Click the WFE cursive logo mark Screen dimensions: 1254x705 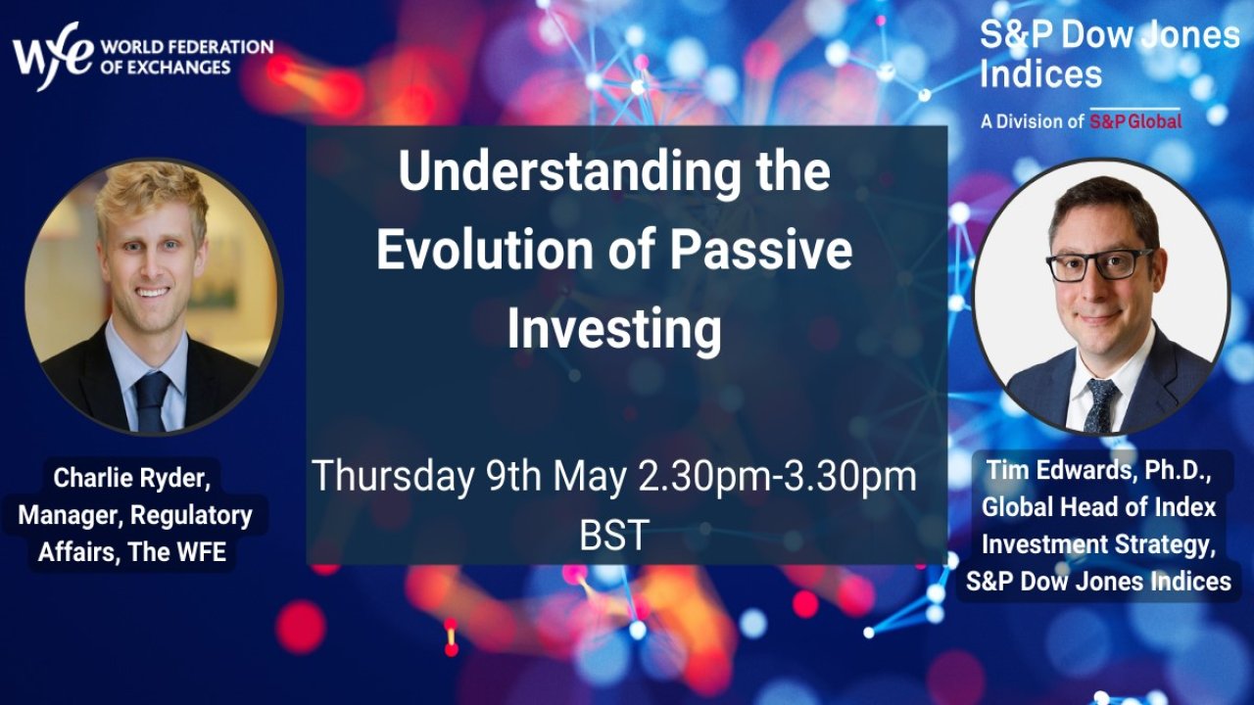pyautogui.click(x=53, y=56)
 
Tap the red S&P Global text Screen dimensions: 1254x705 pyautogui.click(x=1135, y=121)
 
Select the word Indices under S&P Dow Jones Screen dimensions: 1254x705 pyautogui.click(x=1040, y=74)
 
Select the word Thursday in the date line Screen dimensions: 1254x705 pyautogui.click(x=393, y=477)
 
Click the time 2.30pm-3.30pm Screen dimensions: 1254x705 pyautogui.click(x=777, y=477)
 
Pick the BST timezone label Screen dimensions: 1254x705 pyautogui.click(x=614, y=536)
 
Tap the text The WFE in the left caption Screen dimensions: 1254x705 pyautogui.click(x=177, y=551)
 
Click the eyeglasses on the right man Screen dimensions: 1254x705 pyautogui.click(x=1098, y=264)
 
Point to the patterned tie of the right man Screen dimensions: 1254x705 pyautogui.click(x=1100, y=405)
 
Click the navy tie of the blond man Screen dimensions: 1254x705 pyautogui.click(x=151, y=401)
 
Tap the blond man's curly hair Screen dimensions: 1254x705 pyautogui.click(x=152, y=196)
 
